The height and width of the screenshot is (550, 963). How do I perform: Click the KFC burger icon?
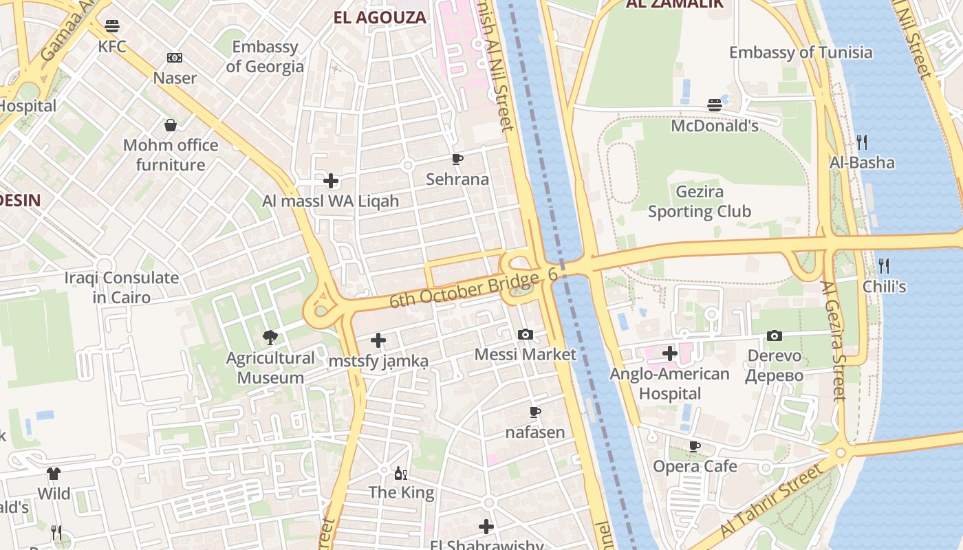tap(112, 26)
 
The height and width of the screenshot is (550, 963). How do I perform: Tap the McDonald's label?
tap(715, 126)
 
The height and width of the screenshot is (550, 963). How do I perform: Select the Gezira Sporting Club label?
tap(700, 201)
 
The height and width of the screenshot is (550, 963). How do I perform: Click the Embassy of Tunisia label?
tap(800, 52)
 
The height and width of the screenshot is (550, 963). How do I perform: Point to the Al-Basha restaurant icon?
tap(862, 142)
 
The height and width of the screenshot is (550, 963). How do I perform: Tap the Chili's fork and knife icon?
tap(884, 265)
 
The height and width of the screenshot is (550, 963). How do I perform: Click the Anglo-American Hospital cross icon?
tap(670, 354)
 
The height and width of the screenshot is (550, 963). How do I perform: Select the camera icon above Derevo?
tap(775, 335)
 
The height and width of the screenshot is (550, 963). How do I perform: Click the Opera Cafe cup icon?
tap(695, 446)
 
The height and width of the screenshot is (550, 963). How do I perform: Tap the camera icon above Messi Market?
tap(526, 334)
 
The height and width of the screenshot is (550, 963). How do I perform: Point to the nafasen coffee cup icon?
tap(535, 412)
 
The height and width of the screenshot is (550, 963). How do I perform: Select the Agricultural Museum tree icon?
tap(270, 338)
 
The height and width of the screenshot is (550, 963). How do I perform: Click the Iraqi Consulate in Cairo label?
tap(122, 287)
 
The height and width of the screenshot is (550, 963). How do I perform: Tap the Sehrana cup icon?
tap(457, 159)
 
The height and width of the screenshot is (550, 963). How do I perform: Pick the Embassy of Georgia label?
tap(265, 56)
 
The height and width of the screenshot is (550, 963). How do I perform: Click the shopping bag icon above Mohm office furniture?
tap(171, 125)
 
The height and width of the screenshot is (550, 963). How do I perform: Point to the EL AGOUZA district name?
tap(380, 17)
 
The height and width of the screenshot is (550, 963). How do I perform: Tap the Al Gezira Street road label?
tap(832, 340)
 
